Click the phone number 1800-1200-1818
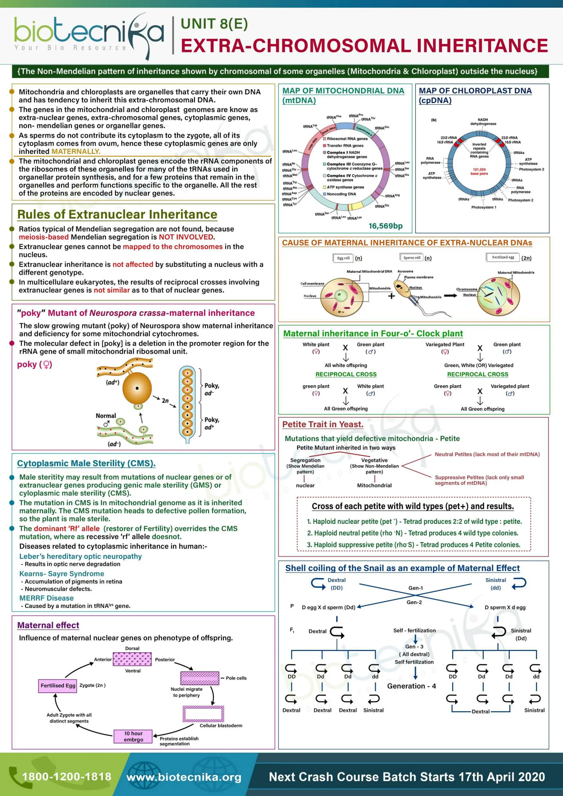pos(67,776)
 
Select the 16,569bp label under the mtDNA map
pos(385,226)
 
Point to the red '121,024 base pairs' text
pos(479,172)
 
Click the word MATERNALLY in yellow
pos(76,151)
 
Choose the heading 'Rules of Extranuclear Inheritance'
pos(117,215)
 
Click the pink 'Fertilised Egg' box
pos(58,686)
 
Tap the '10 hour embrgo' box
pos(134,736)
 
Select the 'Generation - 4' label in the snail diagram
pos(412,686)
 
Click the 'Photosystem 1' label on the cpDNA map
pos(484,207)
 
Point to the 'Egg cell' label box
pos(343,258)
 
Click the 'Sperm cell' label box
pos(412,258)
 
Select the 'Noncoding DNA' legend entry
pos(341,194)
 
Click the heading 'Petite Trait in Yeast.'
pos(323,424)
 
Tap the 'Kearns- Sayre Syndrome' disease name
pos(62,574)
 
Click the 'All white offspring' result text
pos(346,365)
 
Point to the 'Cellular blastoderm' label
pos(221,726)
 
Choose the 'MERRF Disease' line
pos(46,598)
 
